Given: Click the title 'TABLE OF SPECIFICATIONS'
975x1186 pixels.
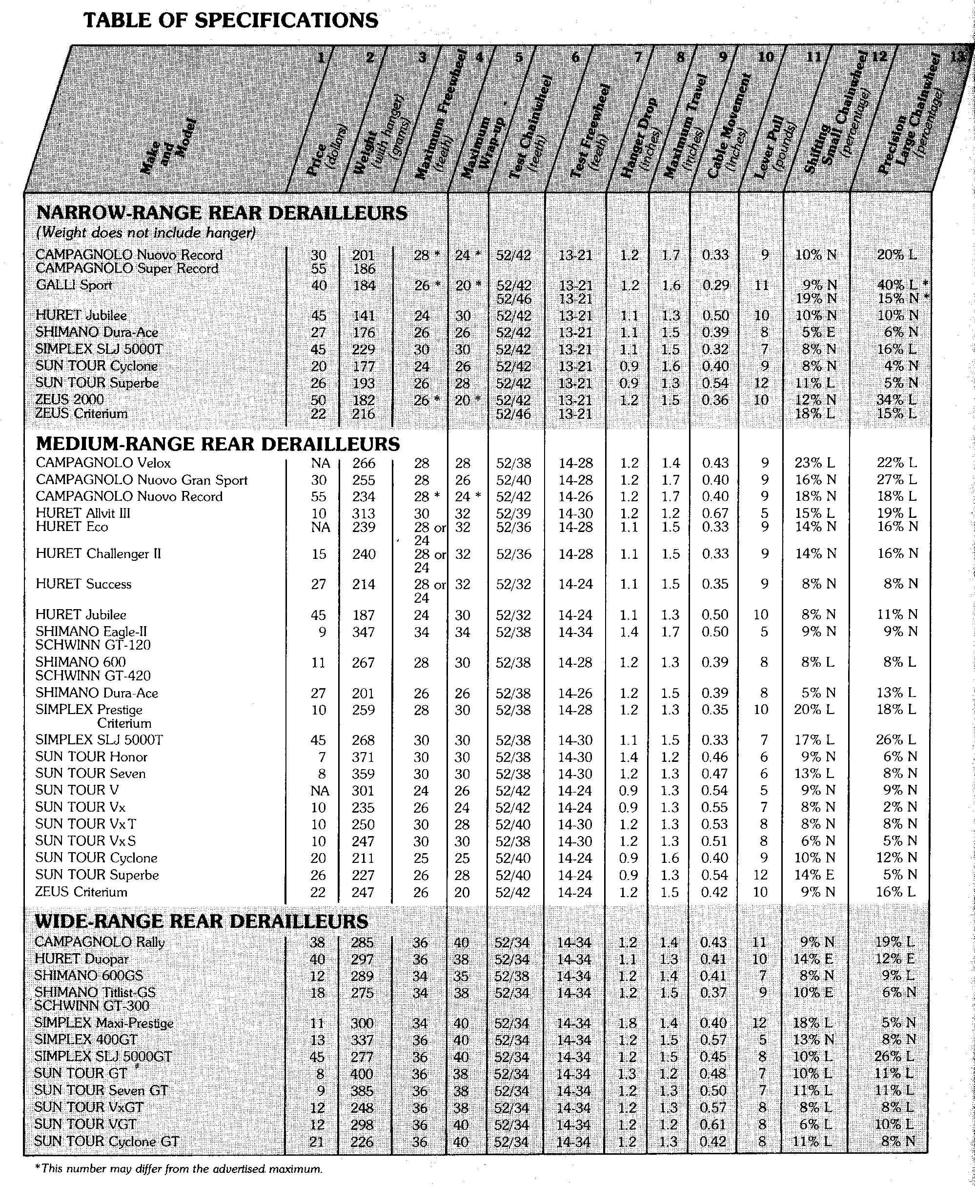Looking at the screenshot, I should (230, 21).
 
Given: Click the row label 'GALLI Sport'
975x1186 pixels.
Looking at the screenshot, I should (74, 285).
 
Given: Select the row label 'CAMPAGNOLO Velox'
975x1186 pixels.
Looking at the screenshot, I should (103, 463).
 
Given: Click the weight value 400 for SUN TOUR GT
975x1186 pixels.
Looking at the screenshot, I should (362, 1074).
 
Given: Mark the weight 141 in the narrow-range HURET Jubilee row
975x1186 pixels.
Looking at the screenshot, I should (364, 316).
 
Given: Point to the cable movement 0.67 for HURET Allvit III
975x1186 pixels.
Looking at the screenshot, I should (715, 513).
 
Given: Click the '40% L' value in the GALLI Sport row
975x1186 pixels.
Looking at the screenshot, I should (897, 285).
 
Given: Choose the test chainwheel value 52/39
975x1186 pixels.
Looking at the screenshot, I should (513, 513).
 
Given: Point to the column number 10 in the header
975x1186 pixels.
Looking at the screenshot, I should (766, 57).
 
